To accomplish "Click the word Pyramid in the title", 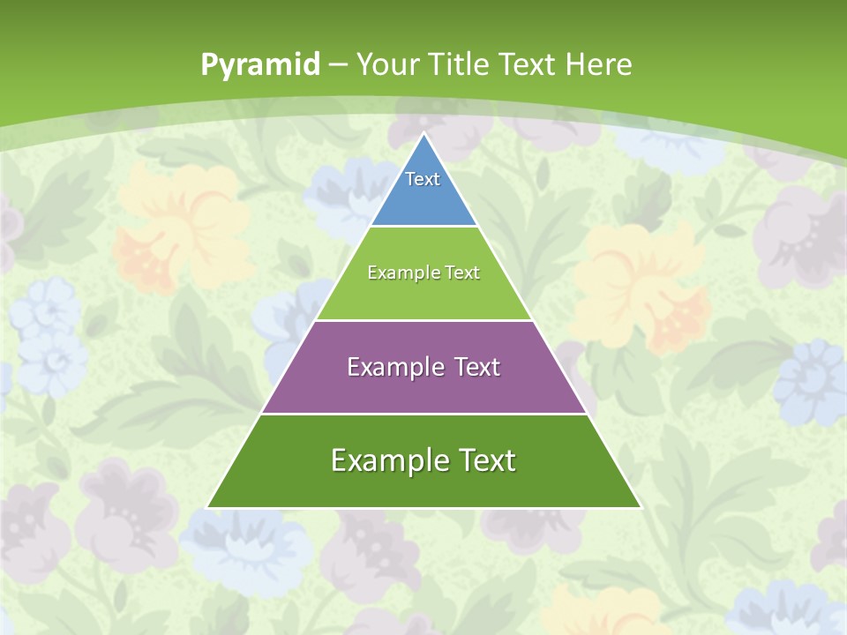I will [x=260, y=64].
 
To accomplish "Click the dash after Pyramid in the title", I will [x=338, y=65].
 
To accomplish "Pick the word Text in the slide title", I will [x=528, y=64].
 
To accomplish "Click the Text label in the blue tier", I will [x=423, y=179].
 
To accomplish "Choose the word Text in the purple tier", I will [x=477, y=367].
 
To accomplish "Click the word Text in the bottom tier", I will [x=486, y=460].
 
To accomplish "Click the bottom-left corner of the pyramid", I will [x=208, y=507].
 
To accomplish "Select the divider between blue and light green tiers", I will [x=423, y=226].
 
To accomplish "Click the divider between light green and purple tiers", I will [x=423, y=320].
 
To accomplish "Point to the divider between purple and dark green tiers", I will [x=423, y=414].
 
